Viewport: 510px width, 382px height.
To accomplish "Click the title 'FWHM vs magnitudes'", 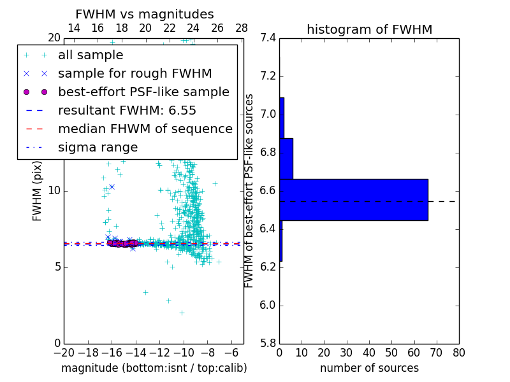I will [145, 14].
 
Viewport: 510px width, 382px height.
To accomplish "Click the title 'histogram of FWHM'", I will [369, 29].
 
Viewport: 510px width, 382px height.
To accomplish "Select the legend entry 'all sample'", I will [91, 55].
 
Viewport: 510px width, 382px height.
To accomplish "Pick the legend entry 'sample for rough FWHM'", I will [135, 73].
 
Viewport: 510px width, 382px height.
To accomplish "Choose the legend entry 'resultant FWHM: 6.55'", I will [127, 110].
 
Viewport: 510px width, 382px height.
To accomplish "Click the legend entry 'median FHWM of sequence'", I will [145, 129].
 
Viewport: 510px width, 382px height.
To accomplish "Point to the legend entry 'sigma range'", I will [98, 147].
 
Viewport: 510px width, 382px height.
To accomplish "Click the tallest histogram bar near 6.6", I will [353, 199].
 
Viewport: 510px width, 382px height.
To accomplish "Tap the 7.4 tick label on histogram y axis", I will [268, 38].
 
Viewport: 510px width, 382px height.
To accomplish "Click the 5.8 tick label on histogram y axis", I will [268, 343].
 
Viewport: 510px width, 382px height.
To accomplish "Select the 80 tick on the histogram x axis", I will [458, 353].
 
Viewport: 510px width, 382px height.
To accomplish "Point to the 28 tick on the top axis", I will [242, 28].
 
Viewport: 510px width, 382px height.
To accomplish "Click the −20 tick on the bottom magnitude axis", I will [64, 353].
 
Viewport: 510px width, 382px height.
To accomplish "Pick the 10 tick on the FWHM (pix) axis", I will [54, 191].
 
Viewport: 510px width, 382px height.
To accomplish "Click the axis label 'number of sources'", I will [369, 368].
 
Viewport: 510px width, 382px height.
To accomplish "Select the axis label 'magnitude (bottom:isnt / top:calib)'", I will [154, 368].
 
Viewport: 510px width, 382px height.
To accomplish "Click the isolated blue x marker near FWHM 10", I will [112, 187].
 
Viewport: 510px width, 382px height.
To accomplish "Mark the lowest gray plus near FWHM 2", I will [182, 313].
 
